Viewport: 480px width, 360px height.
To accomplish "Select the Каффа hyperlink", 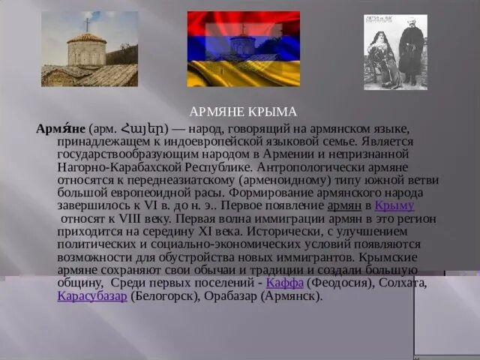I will click(284, 283).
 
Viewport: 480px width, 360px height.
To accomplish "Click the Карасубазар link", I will click(91, 295).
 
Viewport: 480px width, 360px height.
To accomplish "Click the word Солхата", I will click(401, 283).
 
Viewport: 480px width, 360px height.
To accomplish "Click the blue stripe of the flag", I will click(244, 48).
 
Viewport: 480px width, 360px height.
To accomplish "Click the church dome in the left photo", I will click(87, 39).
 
